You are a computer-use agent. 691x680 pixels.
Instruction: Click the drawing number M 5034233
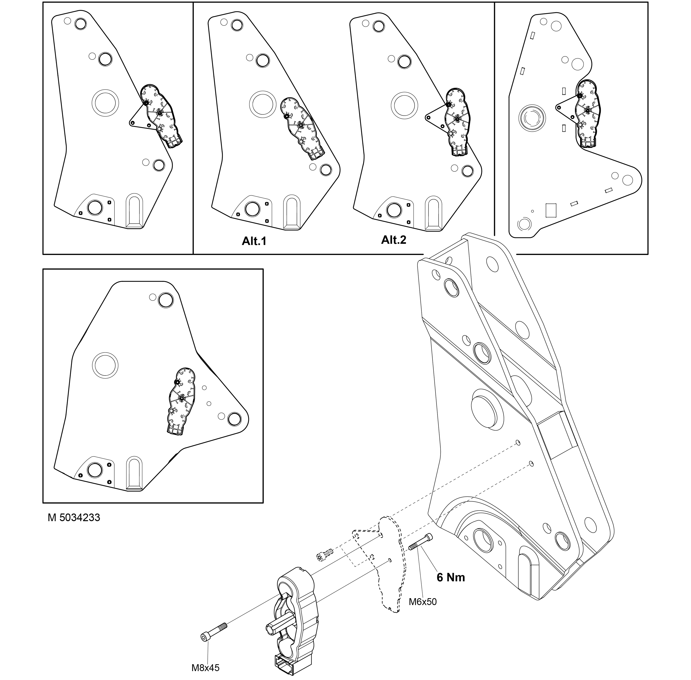coord(74,518)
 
